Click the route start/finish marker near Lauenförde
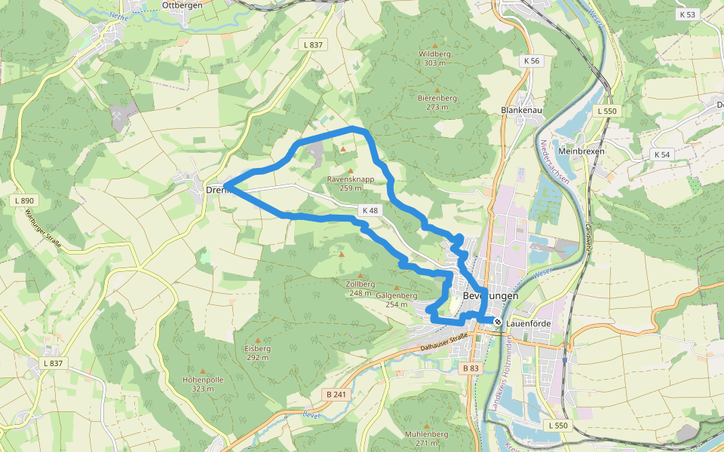tap(498, 322)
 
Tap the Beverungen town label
tap(491, 297)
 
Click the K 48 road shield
tap(370, 211)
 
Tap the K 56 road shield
tap(532, 60)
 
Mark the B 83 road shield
tap(470, 368)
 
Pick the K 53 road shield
tap(687, 14)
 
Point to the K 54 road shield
tap(662, 154)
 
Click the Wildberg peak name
tap(434, 54)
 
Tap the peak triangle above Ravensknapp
tap(343, 149)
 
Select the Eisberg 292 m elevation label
tap(257, 353)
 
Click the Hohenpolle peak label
tap(203, 380)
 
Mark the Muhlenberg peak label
tap(426, 435)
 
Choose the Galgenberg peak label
tap(396, 295)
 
